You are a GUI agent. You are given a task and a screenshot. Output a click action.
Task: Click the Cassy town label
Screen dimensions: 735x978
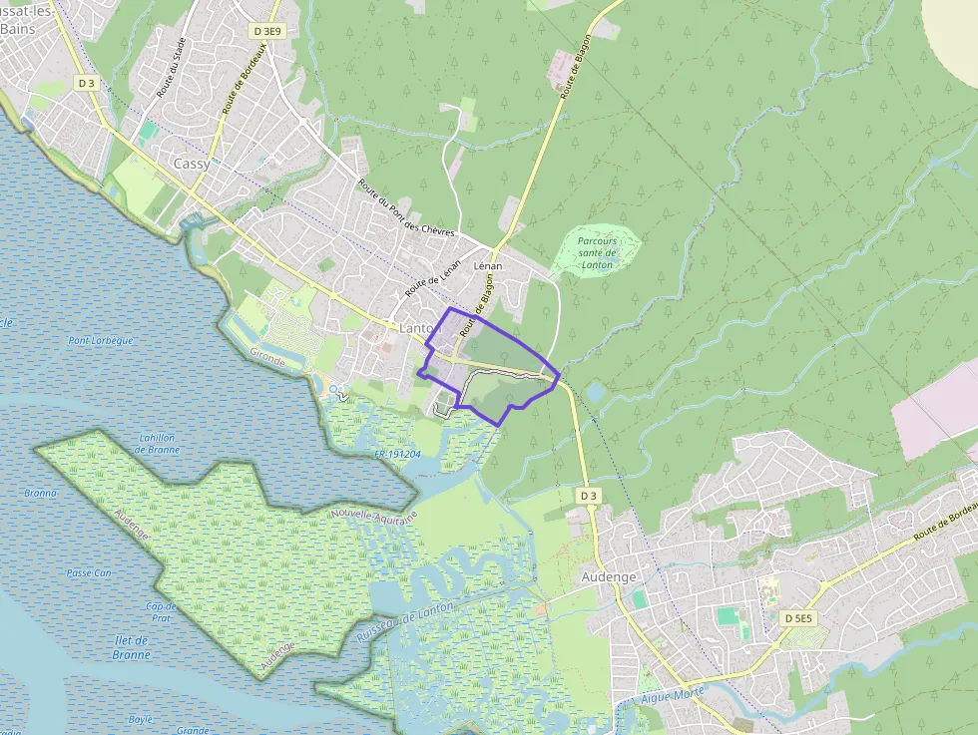(192, 163)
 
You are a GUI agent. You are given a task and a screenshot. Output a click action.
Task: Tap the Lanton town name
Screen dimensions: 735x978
(418, 328)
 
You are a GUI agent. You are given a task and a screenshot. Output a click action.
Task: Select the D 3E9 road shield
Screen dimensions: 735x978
(268, 31)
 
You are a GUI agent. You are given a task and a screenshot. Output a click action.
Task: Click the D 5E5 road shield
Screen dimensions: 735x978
(799, 618)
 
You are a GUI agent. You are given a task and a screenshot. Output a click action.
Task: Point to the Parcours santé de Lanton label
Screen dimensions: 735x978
(597, 252)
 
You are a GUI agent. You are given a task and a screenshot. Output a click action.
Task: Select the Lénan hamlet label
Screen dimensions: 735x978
(488, 266)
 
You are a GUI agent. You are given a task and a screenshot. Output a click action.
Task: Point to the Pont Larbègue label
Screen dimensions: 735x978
(100, 340)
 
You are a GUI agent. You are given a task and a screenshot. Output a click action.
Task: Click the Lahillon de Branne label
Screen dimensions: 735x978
(158, 443)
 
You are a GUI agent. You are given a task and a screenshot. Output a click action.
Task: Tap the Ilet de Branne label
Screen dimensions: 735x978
(132, 647)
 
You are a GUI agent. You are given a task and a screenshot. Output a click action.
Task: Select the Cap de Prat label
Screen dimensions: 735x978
(160, 611)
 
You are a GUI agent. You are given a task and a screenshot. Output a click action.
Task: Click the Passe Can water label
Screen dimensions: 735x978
(89, 572)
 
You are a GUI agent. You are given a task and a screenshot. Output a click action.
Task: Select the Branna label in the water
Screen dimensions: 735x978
(41, 493)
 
